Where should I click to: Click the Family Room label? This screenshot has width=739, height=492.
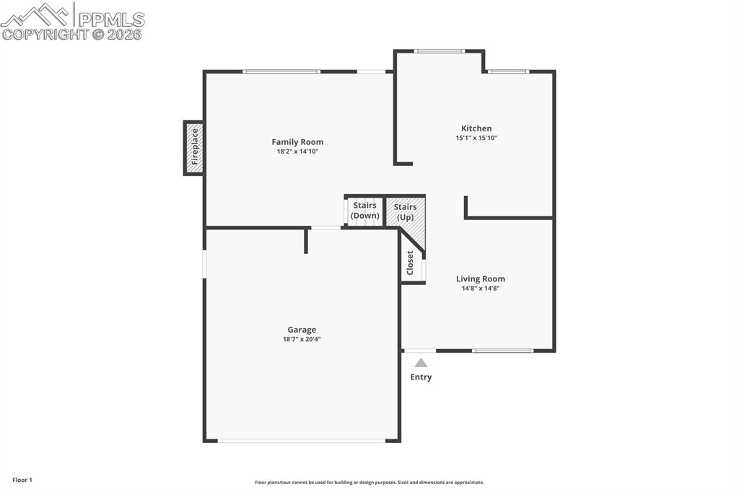(x=297, y=142)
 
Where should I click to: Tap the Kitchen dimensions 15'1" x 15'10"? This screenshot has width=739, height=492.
(x=476, y=138)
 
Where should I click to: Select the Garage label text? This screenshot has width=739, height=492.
(x=302, y=330)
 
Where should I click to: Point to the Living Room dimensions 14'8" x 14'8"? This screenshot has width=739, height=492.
(x=481, y=289)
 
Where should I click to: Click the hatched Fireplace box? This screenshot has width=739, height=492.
(x=193, y=148)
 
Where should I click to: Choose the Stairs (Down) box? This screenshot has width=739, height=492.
(x=364, y=211)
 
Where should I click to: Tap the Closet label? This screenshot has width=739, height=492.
(x=410, y=263)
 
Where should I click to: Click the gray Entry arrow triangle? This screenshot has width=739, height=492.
(x=421, y=363)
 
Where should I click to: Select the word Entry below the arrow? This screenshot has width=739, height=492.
(x=421, y=377)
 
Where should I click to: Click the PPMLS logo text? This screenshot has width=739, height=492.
(x=110, y=19)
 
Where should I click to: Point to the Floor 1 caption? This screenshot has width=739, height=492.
(x=22, y=480)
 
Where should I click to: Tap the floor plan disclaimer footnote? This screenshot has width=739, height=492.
(x=369, y=483)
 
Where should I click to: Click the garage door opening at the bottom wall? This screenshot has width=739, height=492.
(x=302, y=440)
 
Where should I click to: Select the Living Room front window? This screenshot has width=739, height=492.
(x=503, y=351)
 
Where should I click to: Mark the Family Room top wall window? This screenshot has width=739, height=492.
(x=281, y=71)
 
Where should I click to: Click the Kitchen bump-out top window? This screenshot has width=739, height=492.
(x=440, y=50)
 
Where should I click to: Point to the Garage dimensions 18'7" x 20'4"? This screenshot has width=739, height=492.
(x=302, y=339)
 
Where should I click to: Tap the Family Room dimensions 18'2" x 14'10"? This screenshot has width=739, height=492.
(x=297, y=151)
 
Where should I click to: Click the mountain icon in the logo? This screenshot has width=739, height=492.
(x=36, y=14)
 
